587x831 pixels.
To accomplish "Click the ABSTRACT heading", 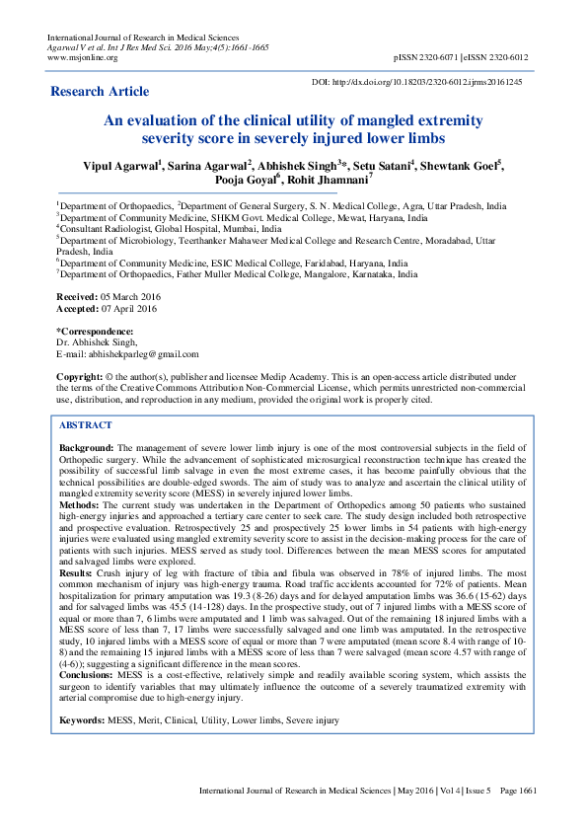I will pyautogui.click(x=86, y=424).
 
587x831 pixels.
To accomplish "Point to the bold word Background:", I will pyautogui.click(x=88, y=448).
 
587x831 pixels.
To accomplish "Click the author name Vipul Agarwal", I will pyautogui.click(x=118, y=166).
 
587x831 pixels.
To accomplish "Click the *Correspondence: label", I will pyautogui.click(x=95, y=330).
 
